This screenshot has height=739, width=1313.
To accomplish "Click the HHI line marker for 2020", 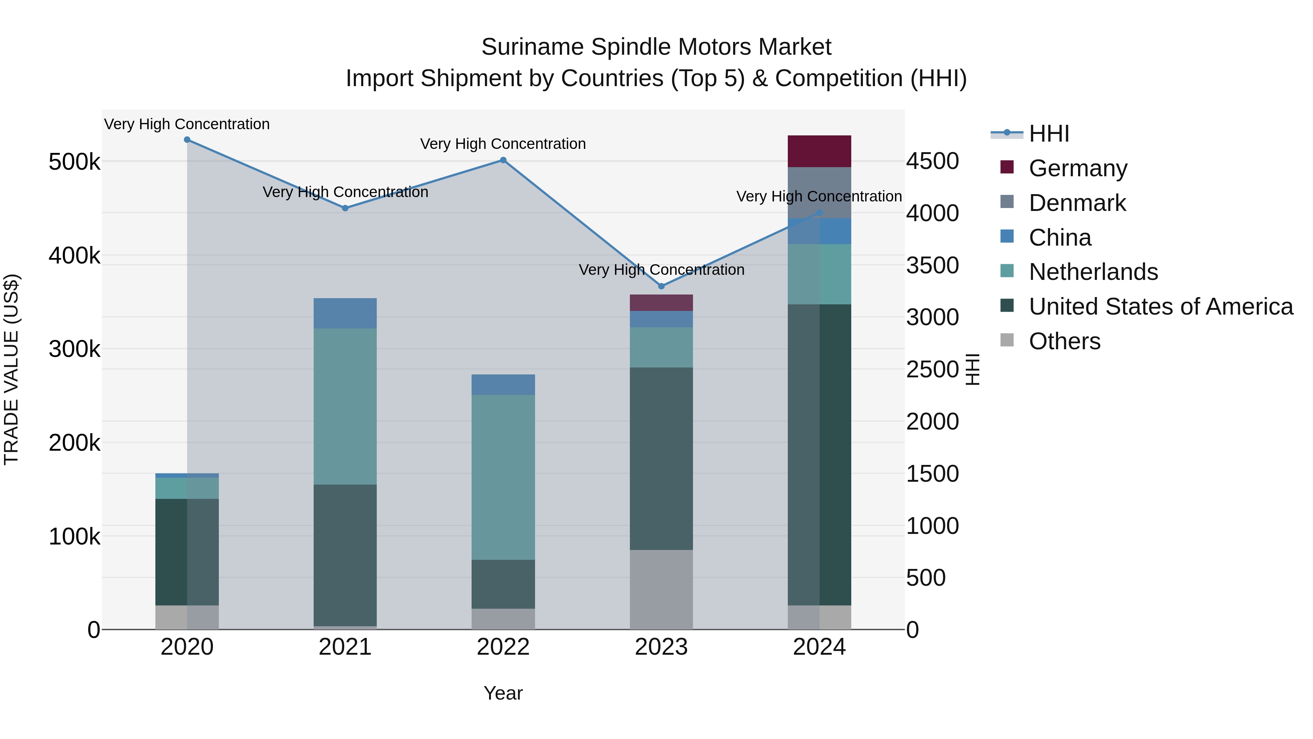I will [x=187, y=140].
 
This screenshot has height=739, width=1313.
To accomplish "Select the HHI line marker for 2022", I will [x=503, y=160].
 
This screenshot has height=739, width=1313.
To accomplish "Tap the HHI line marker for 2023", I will [x=662, y=286].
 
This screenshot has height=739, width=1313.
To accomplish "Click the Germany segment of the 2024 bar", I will [x=819, y=151].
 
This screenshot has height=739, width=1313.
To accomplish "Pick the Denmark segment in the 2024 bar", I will [x=819, y=192].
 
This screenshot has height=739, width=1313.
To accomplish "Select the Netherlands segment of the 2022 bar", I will [x=503, y=477].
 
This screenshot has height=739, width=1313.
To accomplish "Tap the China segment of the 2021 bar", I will [x=345, y=313].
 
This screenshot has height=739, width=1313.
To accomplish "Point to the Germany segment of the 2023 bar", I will [x=661, y=303].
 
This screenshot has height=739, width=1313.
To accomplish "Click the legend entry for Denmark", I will [x=1077, y=203].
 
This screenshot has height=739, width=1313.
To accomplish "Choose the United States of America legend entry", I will [x=1161, y=307].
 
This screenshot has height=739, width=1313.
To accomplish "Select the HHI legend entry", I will [x=1049, y=134].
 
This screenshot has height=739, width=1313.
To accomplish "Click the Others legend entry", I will [x=1064, y=341].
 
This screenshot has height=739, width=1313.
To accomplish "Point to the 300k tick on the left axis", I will [x=74, y=349].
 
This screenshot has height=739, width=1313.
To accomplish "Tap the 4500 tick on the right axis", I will [x=932, y=161].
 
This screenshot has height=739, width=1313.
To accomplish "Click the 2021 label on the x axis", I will [x=345, y=647].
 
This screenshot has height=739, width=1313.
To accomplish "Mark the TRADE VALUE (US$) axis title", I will [x=11, y=369].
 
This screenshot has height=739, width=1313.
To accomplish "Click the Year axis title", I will [x=503, y=693].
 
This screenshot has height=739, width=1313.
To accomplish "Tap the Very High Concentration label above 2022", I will [x=503, y=144].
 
